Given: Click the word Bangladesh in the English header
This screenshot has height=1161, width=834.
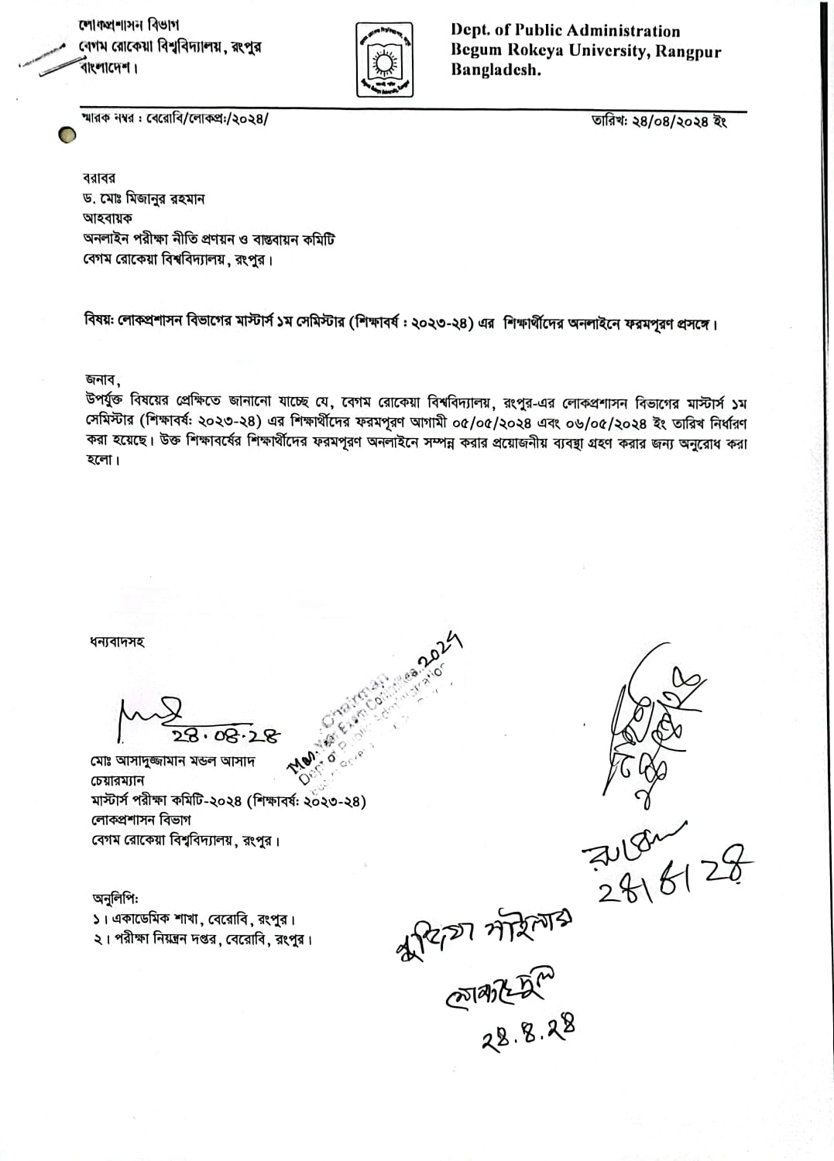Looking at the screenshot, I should coord(496,70).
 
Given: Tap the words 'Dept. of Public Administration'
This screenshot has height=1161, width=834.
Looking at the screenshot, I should coord(565,31).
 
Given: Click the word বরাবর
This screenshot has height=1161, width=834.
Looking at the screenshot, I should coord(101,179).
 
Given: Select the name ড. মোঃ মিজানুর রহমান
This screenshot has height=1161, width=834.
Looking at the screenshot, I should coord(146,199).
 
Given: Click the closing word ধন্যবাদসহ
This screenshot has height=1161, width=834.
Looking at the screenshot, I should coord(117,642).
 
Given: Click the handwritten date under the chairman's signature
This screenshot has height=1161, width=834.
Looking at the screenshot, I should coord(225,735).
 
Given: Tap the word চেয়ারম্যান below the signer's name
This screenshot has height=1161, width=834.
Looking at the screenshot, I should coord(116,781).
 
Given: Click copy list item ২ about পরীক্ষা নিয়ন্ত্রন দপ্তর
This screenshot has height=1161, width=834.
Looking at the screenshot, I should coord(201,940).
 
